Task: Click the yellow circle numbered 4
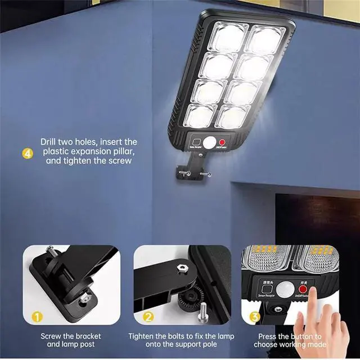point(26,153)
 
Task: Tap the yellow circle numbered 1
point(37,317)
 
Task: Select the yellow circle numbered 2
point(148,317)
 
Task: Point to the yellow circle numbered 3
point(254,317)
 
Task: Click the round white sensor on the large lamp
point(209,142)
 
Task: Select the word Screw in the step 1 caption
point(51,336)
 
